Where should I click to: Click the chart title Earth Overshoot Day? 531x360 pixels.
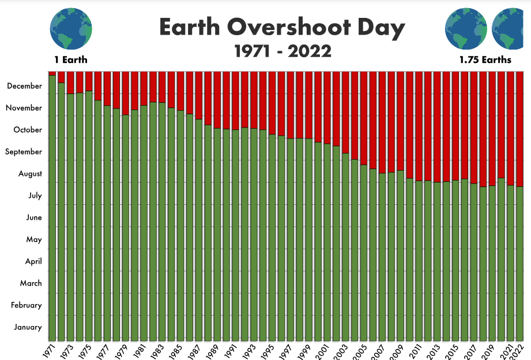pos(282,28)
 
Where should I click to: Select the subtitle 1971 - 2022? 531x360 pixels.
pos(283,51)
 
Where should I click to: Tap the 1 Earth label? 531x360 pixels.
pos(71,59)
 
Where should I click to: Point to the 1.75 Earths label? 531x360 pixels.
pos(485,59)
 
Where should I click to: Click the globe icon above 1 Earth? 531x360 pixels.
pos(71,29)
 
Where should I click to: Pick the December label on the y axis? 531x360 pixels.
pos(25,86)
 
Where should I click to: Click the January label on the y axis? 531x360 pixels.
pos(28,327)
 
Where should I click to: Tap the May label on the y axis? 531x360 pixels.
pos(34,239)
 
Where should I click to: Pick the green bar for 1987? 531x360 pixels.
pos(198,231)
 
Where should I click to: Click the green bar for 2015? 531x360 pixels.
pos(455,260)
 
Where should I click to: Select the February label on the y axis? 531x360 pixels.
pos(27,305)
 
